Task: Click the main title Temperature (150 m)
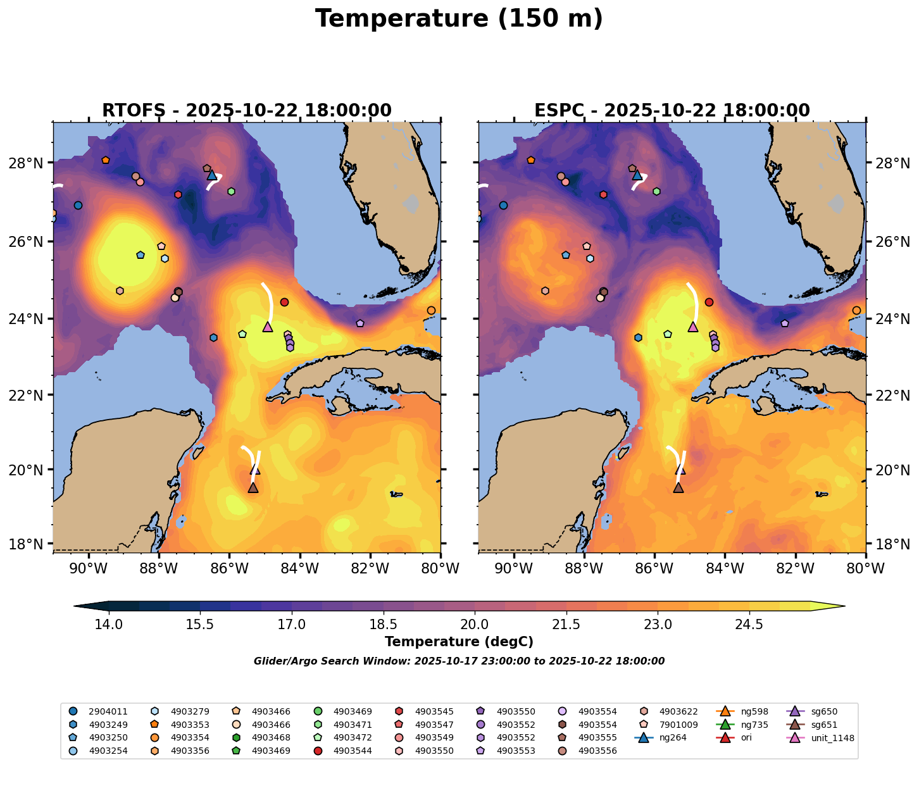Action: tap(459, 19)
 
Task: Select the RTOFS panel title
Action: tap(247, 111)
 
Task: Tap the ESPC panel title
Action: tap(672, 111)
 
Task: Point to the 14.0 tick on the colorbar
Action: tap(109, 625)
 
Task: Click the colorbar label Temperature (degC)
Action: tap(459, 642)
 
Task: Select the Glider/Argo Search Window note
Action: tap(459, 661)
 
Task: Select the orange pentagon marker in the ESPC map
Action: tap(530, 160)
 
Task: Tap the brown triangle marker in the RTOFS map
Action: tap(253, 487)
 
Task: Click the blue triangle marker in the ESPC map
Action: tap(637, 175)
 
